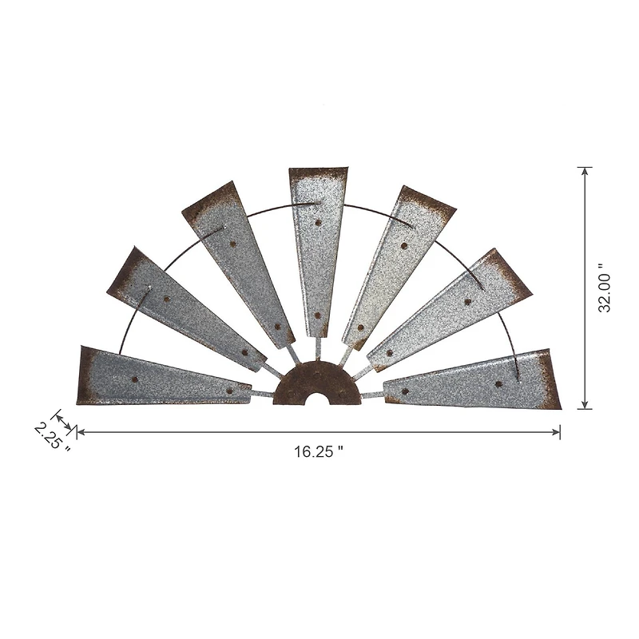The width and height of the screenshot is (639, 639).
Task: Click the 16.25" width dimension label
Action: [318, 451]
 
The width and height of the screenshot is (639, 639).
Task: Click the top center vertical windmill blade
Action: [318, 248]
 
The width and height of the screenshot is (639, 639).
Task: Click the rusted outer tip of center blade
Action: [318, 174]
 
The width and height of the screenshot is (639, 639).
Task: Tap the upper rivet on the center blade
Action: [318, 223]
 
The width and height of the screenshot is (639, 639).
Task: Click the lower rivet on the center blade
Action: [317, 316]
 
